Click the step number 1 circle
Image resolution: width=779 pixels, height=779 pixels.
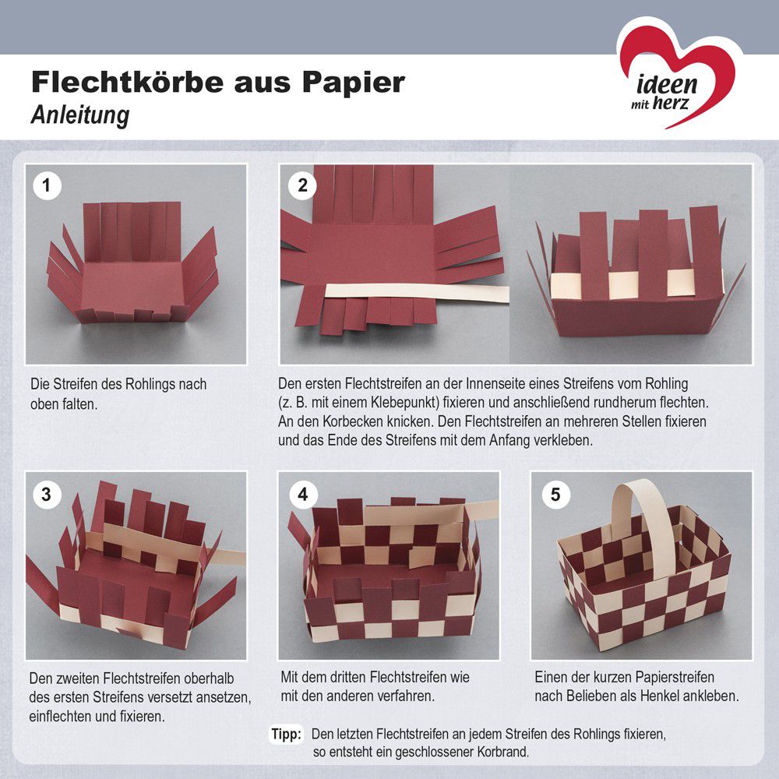click(x=47, y=186)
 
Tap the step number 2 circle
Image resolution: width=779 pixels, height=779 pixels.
click(x=302, y=186)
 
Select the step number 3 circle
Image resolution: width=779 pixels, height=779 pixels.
click(x=47, y=495)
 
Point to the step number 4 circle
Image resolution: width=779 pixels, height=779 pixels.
click(x=302, y=495)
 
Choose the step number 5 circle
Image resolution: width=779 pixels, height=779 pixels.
click(x=555, y=495)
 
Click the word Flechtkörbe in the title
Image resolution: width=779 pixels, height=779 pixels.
click(x=127, y=82)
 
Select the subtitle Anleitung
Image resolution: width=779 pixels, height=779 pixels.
click(x=80, y=115)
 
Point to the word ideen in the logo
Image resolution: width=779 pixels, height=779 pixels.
click(x=667, y=84)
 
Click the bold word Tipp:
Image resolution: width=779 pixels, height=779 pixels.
click(x=286, y=734)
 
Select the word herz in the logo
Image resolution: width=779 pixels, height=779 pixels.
click(x=671, y=104)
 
